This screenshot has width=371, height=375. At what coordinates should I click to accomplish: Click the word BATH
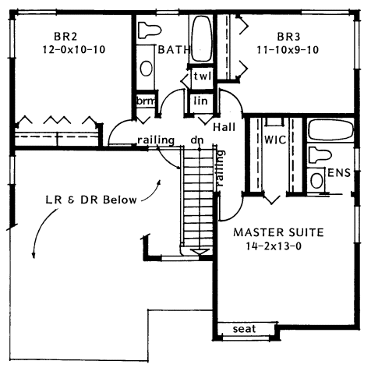pos(172,50)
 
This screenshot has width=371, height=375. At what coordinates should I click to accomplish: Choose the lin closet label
pos(199,101)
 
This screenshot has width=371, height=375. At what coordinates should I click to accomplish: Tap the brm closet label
pos(145,102)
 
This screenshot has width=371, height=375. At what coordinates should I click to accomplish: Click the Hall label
pos(224,126)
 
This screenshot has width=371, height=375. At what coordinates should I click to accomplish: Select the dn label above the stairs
pos(198,141)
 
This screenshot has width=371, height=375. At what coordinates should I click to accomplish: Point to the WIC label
pos(275,141)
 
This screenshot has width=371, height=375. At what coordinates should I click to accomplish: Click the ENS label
pos(337,172)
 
